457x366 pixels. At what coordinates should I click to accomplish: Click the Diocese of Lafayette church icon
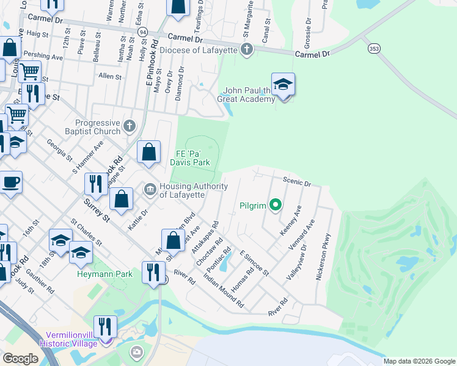247,49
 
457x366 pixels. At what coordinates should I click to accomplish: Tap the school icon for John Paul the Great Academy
283,85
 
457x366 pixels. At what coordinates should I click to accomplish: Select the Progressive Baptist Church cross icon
128,126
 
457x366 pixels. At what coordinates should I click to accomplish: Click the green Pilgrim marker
276,205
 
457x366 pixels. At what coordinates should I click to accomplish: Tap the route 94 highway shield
142,31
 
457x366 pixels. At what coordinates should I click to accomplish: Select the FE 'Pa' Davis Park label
192,157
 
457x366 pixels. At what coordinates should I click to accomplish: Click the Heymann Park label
104,274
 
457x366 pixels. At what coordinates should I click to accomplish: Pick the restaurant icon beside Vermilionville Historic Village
106,326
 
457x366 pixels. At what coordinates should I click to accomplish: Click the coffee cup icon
10,182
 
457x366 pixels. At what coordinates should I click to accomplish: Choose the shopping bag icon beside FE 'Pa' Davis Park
148,152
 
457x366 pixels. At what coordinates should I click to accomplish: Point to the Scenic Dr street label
297,182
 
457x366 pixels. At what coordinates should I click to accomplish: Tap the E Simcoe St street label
254,261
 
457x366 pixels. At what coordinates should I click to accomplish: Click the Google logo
21,358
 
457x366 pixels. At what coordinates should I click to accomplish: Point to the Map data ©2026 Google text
419,361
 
